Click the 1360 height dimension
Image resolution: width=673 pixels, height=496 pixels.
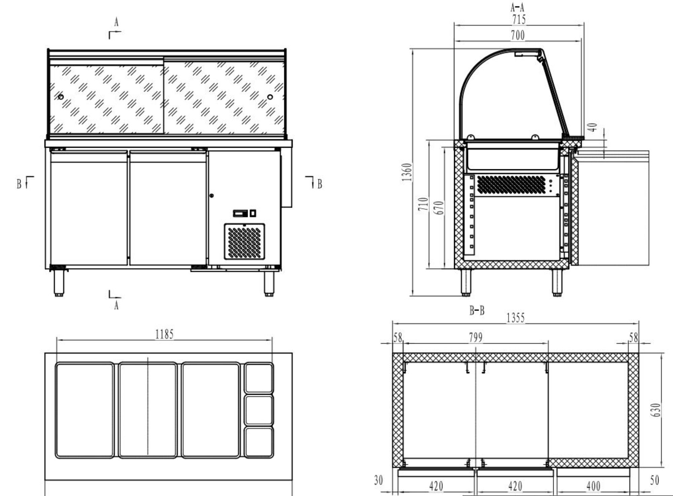click(407, 172)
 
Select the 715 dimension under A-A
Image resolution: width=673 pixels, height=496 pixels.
click(519, 20)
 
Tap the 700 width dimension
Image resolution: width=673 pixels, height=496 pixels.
click(518, 35)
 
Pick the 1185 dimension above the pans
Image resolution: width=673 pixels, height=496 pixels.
click(164, 334)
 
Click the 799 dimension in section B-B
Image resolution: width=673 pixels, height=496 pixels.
click(475, 338)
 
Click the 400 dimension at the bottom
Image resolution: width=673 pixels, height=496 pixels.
click(593, 486)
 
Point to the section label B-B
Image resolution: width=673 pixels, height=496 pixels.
click(477, 311)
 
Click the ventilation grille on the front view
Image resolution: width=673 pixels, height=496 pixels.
click(244, 242)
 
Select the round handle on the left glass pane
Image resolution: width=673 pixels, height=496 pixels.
click(61, 97)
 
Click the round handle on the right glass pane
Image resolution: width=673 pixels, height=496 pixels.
click(270, 97)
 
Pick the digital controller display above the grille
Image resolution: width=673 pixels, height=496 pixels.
click(241, 213)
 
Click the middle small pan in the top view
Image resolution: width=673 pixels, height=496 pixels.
click(258, 410)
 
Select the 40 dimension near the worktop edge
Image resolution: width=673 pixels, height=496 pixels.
click(594, 127)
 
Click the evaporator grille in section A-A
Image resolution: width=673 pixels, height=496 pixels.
click(511, 184)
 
